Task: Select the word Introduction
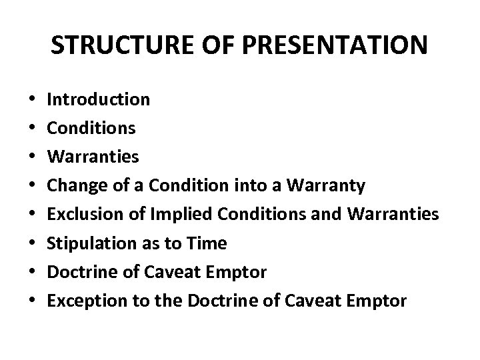click(99, 100)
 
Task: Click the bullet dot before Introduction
click(33, 101)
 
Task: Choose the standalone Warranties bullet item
click(93, 157)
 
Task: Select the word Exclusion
click(81, 215)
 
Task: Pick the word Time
click(207, 243)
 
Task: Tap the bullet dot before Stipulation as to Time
click(33, 244)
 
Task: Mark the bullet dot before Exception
click(33, 301)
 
